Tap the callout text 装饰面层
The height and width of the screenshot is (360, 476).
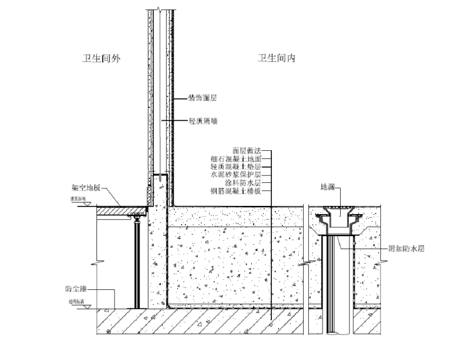[203, 98]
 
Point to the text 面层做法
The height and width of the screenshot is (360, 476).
[246, 151]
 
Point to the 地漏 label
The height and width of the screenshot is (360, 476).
[328, 187]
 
